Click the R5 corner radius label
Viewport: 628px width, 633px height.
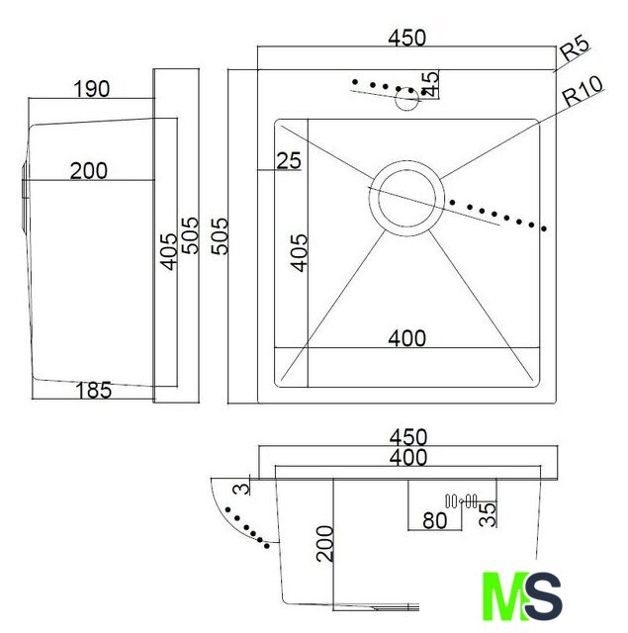[x=576, y=48]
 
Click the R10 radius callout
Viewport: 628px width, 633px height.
[x=583, y=92]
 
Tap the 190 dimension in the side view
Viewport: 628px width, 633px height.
[x=92, y=89]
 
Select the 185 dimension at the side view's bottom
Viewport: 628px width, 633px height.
[x=94, y=390]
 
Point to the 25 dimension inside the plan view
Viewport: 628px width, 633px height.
[x=289, y=160]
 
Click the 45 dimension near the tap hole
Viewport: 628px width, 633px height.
[x=430, y=84]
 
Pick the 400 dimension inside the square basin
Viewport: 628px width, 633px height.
[x=406, y=338]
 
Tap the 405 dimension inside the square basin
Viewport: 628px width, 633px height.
[x=299, y=253]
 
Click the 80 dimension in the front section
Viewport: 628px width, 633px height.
[x=435, y=521]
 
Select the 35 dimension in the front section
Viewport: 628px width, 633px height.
[x=488, y=514]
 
